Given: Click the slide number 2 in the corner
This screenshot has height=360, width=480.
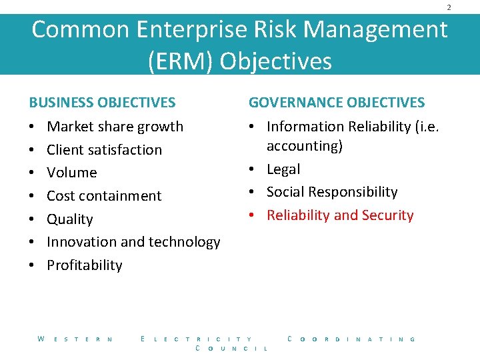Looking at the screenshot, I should (449, 7).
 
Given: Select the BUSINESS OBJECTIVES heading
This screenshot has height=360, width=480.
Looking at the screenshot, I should (102, 103).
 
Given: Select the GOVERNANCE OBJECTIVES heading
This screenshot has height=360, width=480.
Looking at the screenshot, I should (337, 103).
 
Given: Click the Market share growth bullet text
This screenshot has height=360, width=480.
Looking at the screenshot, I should (115, 127).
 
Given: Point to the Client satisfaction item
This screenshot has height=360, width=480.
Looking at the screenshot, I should (104, 150).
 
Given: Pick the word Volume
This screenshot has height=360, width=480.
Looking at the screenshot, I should (72, 173).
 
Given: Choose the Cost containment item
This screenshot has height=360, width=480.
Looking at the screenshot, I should (104, 196).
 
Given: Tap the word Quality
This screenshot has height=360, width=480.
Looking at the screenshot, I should (70, 219).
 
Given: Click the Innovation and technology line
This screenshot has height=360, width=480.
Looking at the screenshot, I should (133, 242).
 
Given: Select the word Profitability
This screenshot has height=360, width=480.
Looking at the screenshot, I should (85, 265).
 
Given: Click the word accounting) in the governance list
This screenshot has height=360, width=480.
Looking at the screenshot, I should (305, 146).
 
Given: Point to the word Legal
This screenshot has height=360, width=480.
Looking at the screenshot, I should (283, 169).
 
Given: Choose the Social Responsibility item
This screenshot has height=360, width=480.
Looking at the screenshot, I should (332, 192).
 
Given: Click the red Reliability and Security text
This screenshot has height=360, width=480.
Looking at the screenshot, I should (340, 215).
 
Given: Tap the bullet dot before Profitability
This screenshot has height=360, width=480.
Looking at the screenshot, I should (31, 265).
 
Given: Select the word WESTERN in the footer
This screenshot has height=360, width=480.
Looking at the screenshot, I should (75, 339).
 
